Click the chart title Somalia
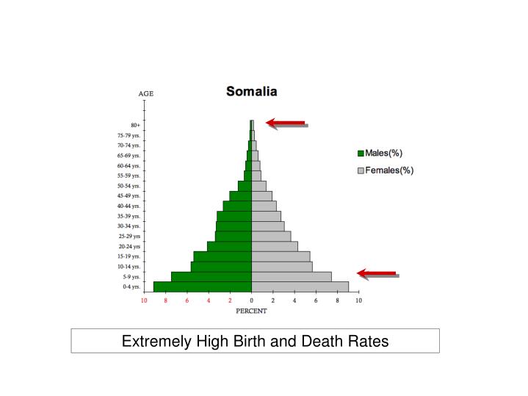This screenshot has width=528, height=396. [251, 93]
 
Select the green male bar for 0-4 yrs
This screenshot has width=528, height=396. [202, 287]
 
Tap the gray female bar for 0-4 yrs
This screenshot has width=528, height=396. [300, 287]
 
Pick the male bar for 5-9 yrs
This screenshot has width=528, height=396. [211, 276]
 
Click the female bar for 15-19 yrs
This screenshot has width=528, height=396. [281, 256]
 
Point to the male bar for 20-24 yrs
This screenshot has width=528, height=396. [229, 246]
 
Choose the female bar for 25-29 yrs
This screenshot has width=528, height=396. [271, 236]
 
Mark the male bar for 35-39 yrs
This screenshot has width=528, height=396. [234, 216]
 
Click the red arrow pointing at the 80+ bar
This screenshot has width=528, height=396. [286, 123]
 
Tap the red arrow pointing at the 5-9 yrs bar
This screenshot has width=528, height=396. [377, 273]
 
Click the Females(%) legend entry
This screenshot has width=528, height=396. [385, 170]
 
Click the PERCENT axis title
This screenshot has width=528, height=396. [251, 311]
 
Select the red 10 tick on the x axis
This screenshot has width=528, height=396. [145, 300]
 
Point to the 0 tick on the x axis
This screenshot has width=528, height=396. [251, 300]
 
